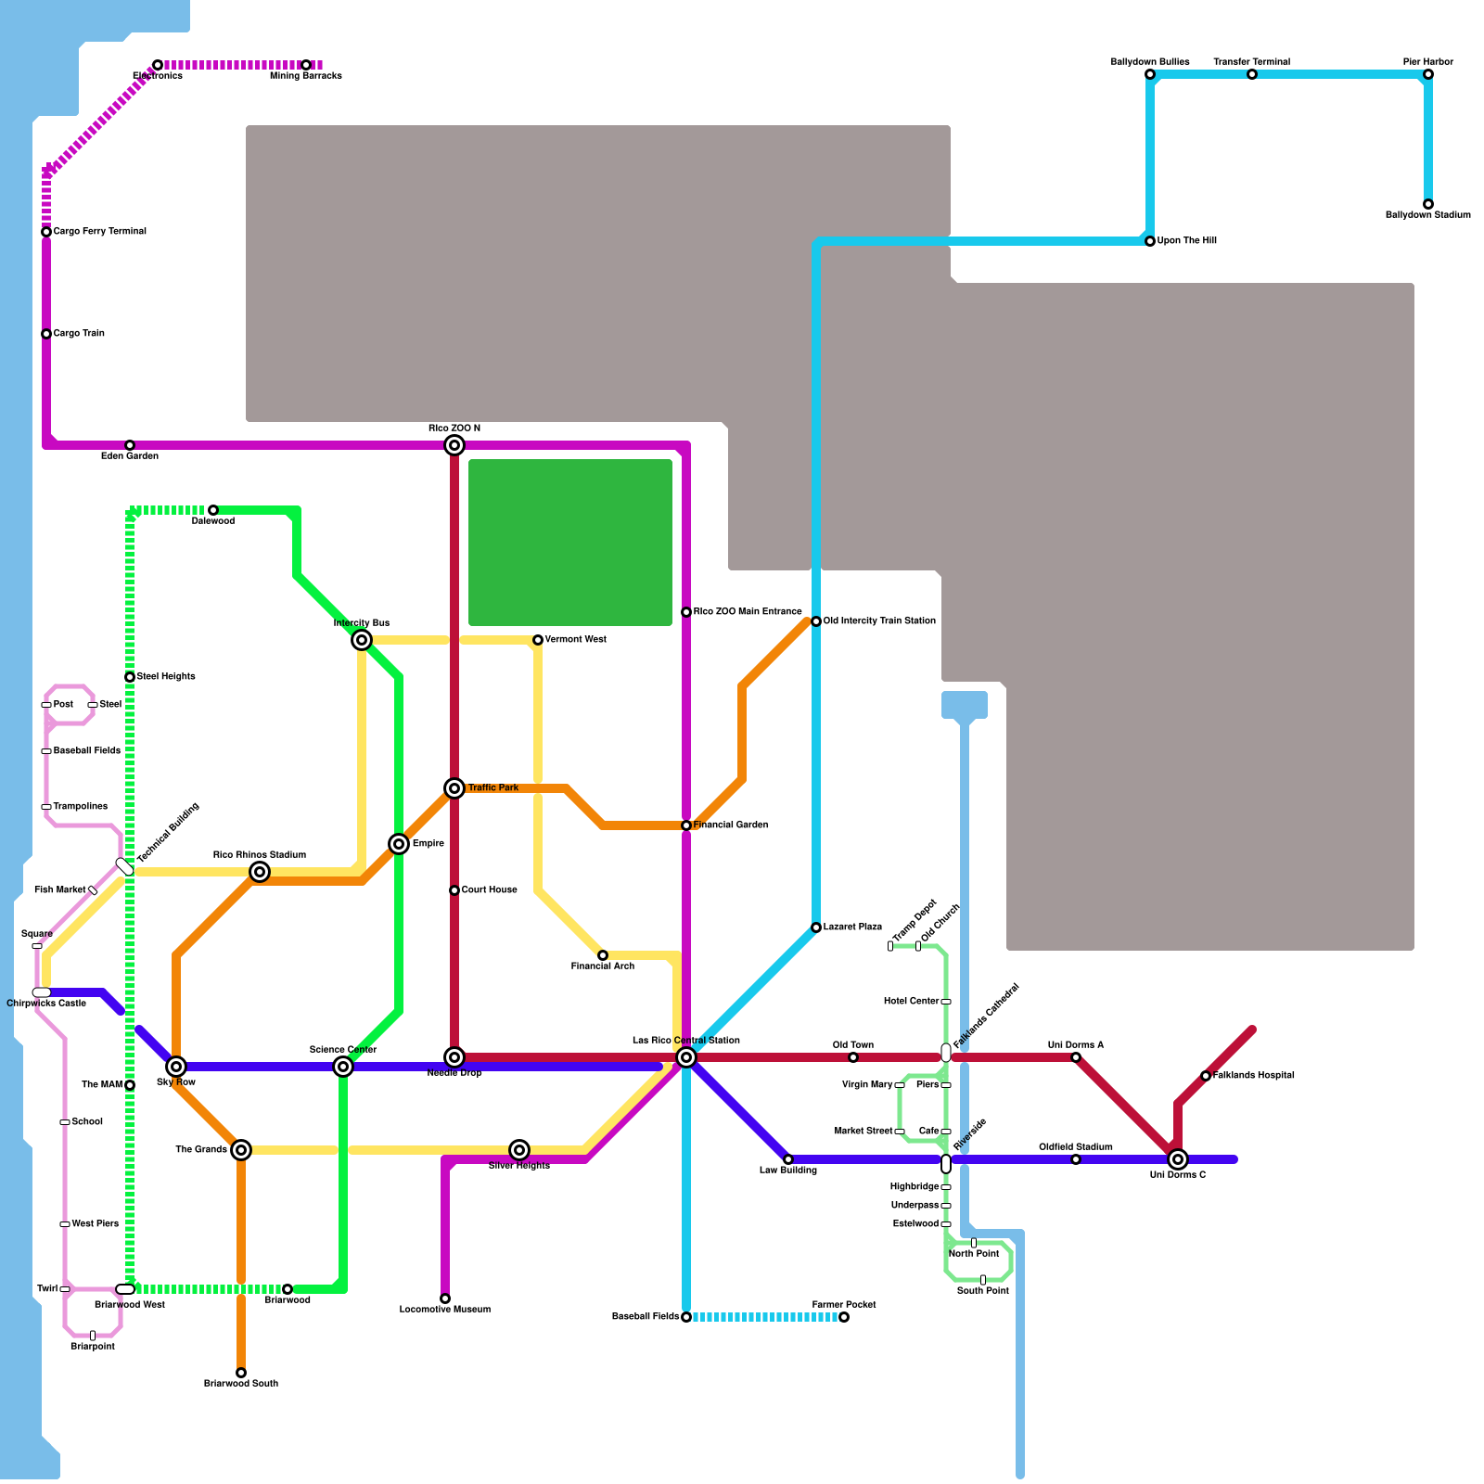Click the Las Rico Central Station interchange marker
coord(686,1057)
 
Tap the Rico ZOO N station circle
coord(454,445)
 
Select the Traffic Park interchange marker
coord(454,788)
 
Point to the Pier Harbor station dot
coord(1428,74)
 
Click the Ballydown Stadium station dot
coord(1428,204)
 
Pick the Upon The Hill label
coord(1186,241)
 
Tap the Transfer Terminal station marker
coord(1252,74)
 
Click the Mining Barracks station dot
coord(306,65)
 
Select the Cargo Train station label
coord(79,334)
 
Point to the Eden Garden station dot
coord(130,445)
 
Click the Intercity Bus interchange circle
coord(362,640)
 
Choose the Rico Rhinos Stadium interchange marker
coord(260,872)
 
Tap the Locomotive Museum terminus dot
coord(445,1298)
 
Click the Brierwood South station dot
coord(241,1373)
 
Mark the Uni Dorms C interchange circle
coord(1178,1159)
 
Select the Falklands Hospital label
coord(1253,1076)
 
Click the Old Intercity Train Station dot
coord(816,621)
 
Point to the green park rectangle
coord(570,543)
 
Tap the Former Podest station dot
coord(844,1317)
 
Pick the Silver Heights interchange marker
coord(519,1150)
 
